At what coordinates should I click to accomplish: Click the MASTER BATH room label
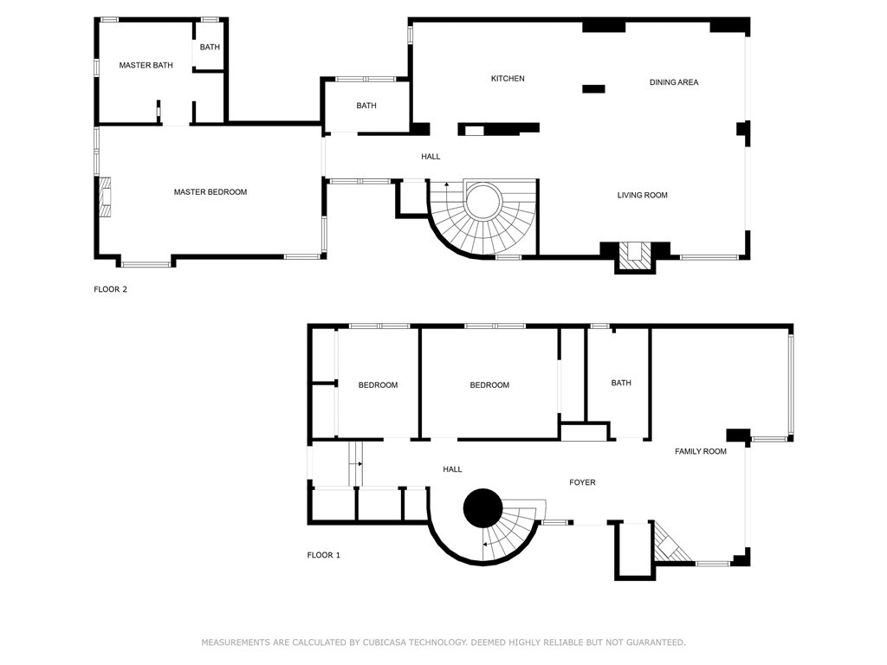(146, 65)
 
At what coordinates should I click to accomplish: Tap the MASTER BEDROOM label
(210, 192)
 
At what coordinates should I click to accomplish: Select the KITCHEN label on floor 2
(508, 79)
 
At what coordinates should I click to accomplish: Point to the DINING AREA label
(674, 83)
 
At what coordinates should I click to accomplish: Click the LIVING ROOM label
(642, 196)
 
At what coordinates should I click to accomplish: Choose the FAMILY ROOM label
(701, 452)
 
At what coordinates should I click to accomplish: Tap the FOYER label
(582, 482)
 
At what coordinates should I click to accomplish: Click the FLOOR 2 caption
(111, 290)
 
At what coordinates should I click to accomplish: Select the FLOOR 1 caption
(324, 555)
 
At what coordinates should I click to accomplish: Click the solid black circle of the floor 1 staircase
(482, 508)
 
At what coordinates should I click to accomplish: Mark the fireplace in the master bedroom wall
(104, 196)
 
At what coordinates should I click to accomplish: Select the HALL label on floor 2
(431, 157)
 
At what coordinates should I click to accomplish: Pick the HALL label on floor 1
(452, 469)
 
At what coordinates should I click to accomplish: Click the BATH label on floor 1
(621, 383)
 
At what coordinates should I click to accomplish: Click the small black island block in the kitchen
(593, 88)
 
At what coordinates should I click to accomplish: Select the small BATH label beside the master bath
(210, 47)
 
